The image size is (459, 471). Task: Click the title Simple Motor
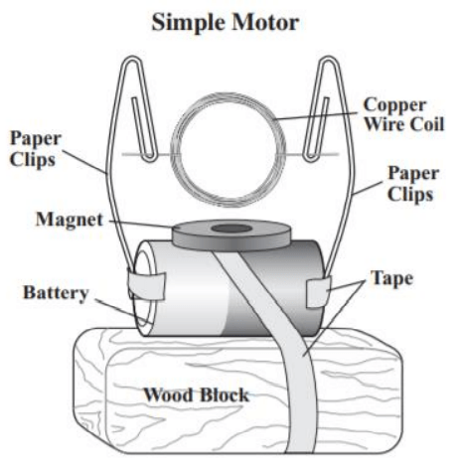(226, 23)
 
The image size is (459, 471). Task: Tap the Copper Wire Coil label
(403, 114)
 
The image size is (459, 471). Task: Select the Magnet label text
(70, 220)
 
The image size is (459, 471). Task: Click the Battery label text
(56, 293)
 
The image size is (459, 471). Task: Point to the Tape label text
(391, 278)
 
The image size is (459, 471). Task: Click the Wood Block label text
(196, 394)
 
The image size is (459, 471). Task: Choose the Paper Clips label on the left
(36, 149)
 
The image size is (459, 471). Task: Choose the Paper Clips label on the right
(413, 183)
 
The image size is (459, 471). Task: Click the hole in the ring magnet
(231, 229)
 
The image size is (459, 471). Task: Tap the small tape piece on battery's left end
(147, 286)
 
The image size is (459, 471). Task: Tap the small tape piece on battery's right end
(318, 292)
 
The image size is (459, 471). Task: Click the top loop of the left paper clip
(132, 61)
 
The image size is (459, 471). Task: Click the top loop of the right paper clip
(329, 61)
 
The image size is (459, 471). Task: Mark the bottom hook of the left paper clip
(149, 157)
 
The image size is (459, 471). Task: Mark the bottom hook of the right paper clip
(311, 157)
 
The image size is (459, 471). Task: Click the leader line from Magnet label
(140, 224)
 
